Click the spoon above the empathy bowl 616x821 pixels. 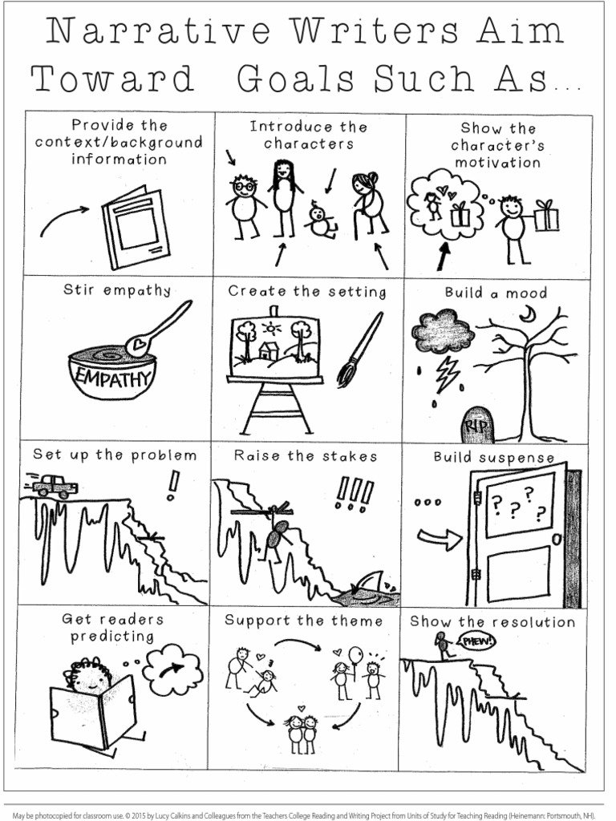(160, 330)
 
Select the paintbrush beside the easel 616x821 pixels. (359, 349)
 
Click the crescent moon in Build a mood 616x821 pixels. (527, 315)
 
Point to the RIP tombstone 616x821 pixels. (477, 425)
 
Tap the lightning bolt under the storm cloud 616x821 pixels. (446, 370)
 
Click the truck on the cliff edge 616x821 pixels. (55, 484)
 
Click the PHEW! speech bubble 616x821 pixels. (476, 641)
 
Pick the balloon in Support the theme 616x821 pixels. (355, 656)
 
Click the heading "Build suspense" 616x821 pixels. (493, 458)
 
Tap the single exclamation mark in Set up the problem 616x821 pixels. (172, 485)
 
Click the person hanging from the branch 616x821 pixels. (278, 532)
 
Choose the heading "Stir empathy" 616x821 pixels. (117, 290)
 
